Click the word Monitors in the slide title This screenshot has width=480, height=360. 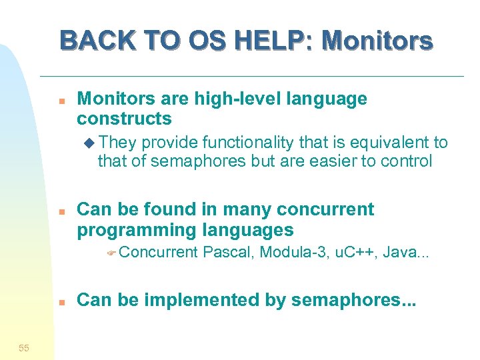[377, 41]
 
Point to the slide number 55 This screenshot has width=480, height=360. [24, 347]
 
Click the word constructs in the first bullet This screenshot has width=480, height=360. [124, 119]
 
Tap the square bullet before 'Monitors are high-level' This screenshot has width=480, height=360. [61, 101]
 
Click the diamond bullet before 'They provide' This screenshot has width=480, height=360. [90, 143]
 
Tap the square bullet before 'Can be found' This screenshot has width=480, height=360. [61, 211]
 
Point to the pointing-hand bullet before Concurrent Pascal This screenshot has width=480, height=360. [112, 253]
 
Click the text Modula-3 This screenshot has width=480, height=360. [291, 252]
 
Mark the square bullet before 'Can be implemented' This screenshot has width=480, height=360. [61, 301]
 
